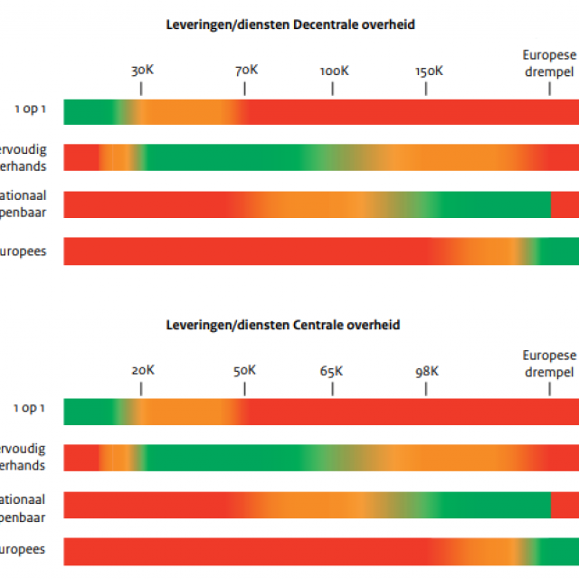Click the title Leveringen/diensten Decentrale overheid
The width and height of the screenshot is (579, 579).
coord(290,24)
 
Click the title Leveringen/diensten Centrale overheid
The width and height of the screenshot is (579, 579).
coord(283,324)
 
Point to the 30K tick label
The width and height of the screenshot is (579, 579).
coord(142,70)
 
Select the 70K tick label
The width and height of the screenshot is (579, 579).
coord(245,70)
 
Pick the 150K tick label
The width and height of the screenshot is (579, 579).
coord(428,70)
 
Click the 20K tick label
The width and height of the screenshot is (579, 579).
coord(142,370)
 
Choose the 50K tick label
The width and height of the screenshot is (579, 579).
coord(244,370)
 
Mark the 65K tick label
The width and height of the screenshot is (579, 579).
coord(332,370)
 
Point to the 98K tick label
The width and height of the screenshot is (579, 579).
coord(427,370)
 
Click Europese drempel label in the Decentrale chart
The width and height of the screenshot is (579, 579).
coord(549,62)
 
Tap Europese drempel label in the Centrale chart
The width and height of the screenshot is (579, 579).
coord(549,363)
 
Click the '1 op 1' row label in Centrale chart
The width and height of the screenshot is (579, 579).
coord(30,408)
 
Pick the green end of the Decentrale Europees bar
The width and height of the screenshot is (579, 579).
coord(561,251)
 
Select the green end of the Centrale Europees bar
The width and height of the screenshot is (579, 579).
coord(561,551)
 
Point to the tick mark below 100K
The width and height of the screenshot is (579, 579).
coord(333,89)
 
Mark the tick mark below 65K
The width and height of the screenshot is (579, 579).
coord(332,389)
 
